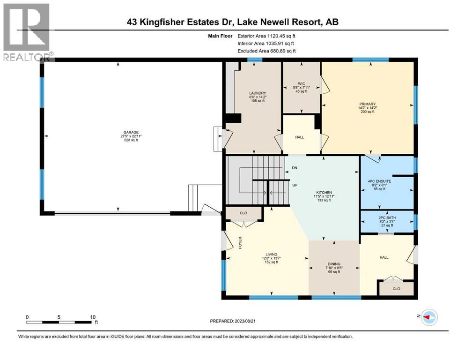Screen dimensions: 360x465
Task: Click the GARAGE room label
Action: click(x=131, y=132)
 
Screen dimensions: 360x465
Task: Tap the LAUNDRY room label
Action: click(x=258, y=93)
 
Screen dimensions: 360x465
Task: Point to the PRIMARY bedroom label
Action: click(x=368, y=104)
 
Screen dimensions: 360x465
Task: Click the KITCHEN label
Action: click(x=324, y=193)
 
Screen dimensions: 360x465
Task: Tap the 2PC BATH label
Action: click(x=386, y=218)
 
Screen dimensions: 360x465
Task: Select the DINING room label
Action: click(x=334, y=264)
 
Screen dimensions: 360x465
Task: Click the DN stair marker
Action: click(x=294, y=167)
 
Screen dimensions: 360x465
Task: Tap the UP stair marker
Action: click(x=295, y=186)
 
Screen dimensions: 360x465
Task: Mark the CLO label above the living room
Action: click(x=243, y=213)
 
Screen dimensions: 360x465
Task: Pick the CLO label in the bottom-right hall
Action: click(x=396, y=289)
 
